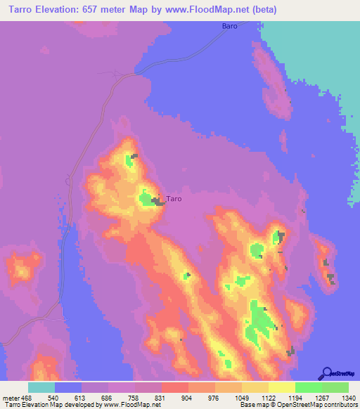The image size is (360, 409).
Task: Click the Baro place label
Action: click(229, 26)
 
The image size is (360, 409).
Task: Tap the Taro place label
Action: click(174, 199)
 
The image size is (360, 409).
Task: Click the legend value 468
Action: click(27, 398)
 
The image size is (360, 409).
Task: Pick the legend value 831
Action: click(161, 398)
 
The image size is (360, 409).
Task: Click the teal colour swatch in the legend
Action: click(41, 387)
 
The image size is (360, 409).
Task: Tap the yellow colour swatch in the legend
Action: click(282, 387)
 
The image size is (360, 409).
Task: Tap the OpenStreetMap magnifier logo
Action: click(326, 373)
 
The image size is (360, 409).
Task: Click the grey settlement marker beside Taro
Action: click(158, 202)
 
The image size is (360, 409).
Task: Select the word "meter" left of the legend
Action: click(11, 398)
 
